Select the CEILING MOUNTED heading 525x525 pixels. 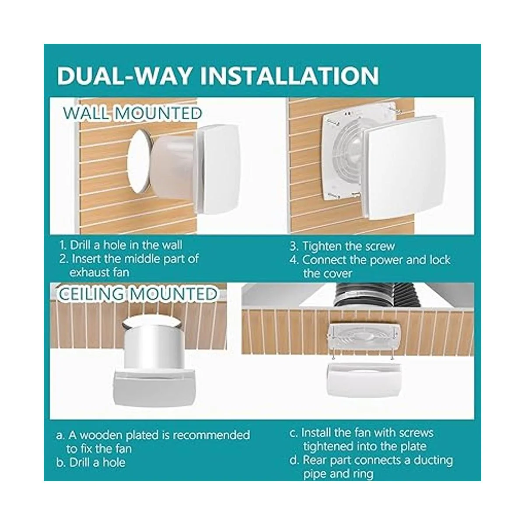138,294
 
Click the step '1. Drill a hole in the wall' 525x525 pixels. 121,245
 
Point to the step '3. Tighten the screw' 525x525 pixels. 342,246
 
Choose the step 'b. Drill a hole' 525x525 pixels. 91,462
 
